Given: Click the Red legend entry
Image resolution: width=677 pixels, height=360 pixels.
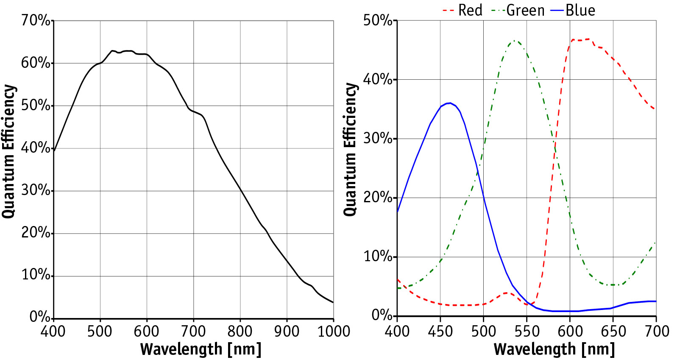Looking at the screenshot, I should [x=462, y=10].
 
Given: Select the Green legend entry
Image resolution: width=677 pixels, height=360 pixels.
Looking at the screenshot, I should [x=518, y=10].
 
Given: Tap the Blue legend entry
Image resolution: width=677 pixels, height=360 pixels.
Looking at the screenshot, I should [x=573, y=10].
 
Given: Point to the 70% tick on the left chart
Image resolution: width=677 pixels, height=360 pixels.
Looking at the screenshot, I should [x=36, y=20].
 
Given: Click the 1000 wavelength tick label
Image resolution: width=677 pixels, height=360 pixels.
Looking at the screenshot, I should [x=334, y=331].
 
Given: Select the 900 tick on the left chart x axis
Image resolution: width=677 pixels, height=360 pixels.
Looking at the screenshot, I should [x=287, y=331].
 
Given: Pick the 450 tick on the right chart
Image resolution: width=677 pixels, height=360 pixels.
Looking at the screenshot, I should [x=440, y=331].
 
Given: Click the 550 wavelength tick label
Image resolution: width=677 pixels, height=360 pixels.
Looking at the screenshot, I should [x=527, y=331].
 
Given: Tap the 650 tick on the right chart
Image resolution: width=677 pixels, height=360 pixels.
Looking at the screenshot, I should [x=613, y=331].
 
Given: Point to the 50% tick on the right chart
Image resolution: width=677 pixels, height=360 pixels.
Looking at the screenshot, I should [x=378, y=20].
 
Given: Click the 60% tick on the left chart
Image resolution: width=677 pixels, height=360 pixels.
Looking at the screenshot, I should [x=36, y=63].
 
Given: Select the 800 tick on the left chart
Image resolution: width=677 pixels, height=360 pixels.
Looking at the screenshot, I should [x=240, y=331].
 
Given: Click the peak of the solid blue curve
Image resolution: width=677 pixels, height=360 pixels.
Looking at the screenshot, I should [x=449, y=103].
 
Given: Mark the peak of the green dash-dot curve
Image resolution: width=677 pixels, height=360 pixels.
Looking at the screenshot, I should [x=515, y=41].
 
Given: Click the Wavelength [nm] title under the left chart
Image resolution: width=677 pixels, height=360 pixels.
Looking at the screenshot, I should [x=201, y=349].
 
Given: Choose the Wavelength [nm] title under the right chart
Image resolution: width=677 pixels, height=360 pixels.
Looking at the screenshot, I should [x=554, y=349].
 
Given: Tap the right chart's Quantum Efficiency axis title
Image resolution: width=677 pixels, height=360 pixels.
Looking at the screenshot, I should [x=350, y=149].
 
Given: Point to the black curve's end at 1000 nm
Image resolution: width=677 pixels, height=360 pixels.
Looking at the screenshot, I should [x=333, y=302].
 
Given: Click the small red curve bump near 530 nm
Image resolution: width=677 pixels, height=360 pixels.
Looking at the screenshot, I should [x=507, y=293].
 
